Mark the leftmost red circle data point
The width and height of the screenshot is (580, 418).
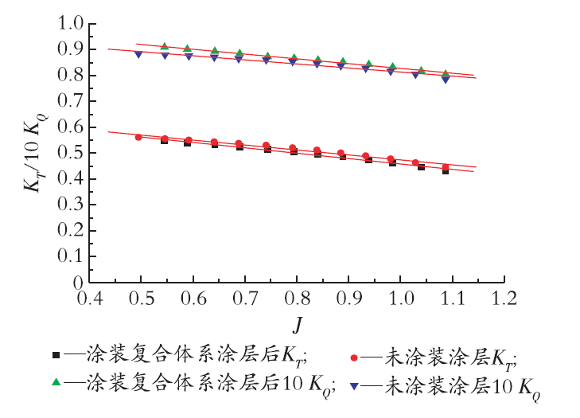point(138,137)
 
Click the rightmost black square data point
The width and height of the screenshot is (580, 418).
point(446,171)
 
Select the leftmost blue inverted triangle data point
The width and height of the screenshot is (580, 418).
point(138,54)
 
